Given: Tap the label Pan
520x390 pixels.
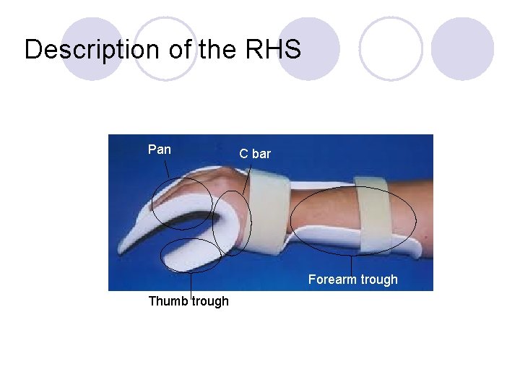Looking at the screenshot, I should pyautogui.click(x=160, y=149).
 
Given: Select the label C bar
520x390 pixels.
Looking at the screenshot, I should pyautogui.click(x=255, y=154).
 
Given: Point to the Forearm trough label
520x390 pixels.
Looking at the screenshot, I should pyautogui.click(x=352, y=279).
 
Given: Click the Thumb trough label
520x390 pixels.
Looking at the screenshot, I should pyautogui.click(x=188, y=301).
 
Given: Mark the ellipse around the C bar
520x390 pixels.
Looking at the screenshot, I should pyautogui.click(x=214, y=224).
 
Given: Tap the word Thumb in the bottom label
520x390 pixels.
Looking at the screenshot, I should pyautogui.click(x=163, y=301).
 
